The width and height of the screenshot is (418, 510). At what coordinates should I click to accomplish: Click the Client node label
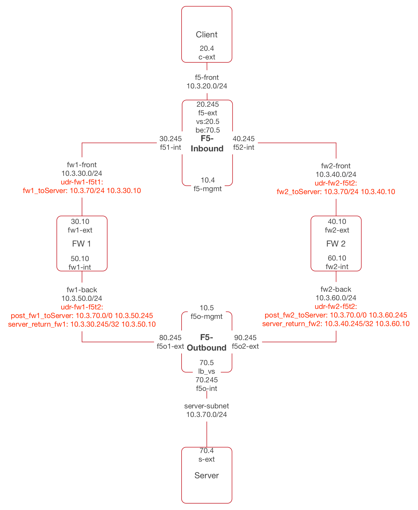click(x=207, y=35)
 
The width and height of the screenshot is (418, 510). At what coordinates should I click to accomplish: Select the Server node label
click(x=207, y=476)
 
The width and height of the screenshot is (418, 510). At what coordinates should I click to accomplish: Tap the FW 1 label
click(x=82, y=244)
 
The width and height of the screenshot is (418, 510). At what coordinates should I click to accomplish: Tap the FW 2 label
click(x=336, y=244)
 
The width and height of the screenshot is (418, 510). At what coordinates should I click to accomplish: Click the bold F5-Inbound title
click(x=207, y=144)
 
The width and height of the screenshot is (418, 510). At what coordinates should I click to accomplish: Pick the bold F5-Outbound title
click(x=207, y=343)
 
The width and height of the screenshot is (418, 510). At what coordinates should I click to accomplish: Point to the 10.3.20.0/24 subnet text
click(x=207, y=86)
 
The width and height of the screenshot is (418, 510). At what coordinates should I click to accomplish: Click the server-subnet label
click(x=207, y=406)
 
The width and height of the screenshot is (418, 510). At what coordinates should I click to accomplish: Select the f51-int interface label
click(x=171, y=147)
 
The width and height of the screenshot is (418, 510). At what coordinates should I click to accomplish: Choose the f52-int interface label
click(x=243, y=147)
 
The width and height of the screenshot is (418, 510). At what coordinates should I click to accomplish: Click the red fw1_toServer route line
click(x=82, y=191)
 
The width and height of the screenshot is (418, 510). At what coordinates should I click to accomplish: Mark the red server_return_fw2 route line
click(x=336, y=324)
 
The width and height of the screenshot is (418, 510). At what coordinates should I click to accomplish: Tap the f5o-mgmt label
click(x=207, y=316)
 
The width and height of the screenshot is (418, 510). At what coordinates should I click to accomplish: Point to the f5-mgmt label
click(x=208, y=189)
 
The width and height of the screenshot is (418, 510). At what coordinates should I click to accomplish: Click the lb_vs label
click(x=207, y=371)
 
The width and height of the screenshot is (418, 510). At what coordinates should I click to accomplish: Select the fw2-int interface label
click(x=337, y=267)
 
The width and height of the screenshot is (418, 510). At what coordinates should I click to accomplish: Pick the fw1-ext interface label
click(x=80, y=230)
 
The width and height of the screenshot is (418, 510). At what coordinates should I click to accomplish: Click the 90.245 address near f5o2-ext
click(x=245, y=338)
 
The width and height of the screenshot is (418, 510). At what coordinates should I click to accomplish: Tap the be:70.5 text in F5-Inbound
click(x=208, y=130)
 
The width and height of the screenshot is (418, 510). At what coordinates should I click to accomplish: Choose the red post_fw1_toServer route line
click(x=82, y=315)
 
